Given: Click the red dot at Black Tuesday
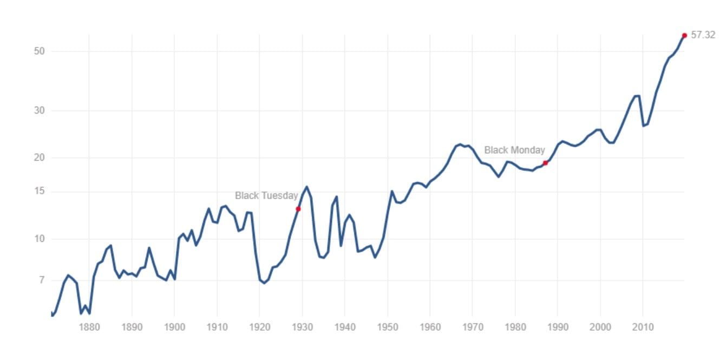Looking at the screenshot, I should point(298,209).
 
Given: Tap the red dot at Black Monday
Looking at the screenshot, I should point(545,163).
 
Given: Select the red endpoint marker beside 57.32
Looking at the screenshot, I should point(684,36).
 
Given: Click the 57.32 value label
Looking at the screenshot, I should point(703,35).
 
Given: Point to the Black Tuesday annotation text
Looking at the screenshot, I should point(266,196).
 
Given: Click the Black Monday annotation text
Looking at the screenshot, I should point(514,150).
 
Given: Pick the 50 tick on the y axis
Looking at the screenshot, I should point(38,51).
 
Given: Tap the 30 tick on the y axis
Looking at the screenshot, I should point(38,110).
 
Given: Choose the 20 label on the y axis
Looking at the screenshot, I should point(38,158).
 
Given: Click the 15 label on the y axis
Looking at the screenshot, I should point(38,192).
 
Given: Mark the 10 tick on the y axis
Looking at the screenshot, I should point(38,239).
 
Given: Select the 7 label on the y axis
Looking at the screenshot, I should point(41,280).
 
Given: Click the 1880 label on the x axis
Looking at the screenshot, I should point(89,327).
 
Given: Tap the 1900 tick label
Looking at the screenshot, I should point(174,327).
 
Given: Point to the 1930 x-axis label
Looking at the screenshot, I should point(302,327).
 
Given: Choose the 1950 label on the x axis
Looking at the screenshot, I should point(388,327).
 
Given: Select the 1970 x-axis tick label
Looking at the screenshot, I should point(473,327).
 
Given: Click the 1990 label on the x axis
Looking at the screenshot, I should point(558,327).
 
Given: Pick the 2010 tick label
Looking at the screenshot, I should point(643,327).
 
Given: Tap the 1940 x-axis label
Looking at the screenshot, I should point(345,327).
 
